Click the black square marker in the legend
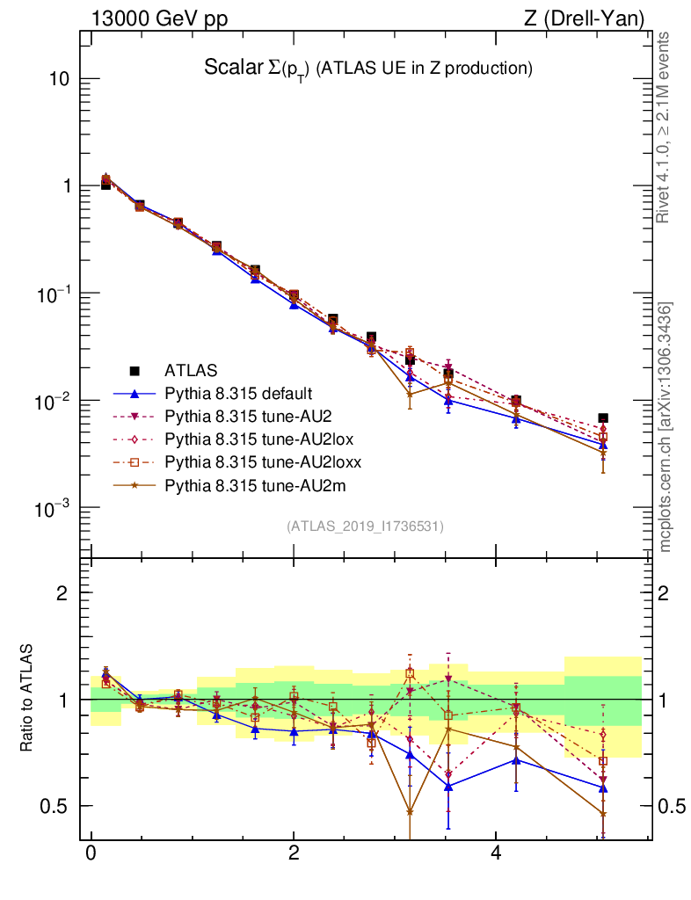[135, 370]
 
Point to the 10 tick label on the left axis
[58, 78]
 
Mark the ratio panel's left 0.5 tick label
[55, 806]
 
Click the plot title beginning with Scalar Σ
[368, 68]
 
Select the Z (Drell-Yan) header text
[581, 18]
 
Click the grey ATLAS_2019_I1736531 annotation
[364, 526]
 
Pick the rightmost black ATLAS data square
[602, 418]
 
